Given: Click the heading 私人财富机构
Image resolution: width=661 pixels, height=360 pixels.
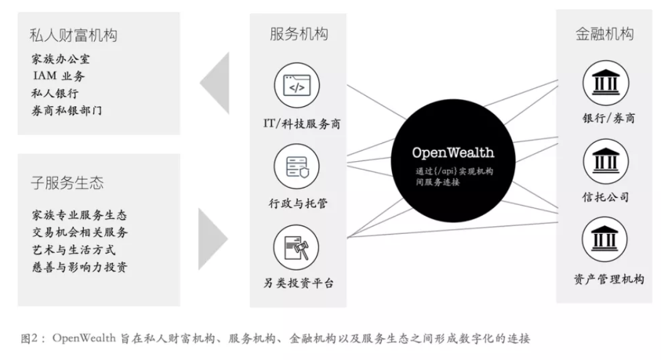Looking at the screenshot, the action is coord(73,34).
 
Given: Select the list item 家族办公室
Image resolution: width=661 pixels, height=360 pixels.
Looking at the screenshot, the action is coord(61,60).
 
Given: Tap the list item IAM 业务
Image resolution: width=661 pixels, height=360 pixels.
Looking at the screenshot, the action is coord(59,77).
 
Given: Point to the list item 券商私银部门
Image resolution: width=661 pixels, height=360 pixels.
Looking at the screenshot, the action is coord(66,110).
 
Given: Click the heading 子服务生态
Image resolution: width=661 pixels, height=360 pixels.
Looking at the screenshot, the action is coord(67,183).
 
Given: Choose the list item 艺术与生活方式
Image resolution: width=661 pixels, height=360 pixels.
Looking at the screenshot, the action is coord(73,250).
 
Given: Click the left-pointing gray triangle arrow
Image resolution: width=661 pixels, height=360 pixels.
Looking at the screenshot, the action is coord(214,83).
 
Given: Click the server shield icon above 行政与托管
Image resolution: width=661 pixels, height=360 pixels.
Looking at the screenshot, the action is coord(297,166).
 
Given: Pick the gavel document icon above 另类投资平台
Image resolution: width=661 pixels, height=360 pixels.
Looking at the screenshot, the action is coord(297,246).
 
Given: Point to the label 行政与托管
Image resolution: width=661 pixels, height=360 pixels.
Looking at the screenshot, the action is coord(297,203).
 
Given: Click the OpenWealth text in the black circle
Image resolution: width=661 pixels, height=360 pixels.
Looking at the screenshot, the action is coord(452,152).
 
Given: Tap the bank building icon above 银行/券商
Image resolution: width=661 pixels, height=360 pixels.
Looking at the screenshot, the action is coord(605,82).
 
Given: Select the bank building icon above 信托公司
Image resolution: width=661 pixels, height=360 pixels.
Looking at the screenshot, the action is coord(605,161).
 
